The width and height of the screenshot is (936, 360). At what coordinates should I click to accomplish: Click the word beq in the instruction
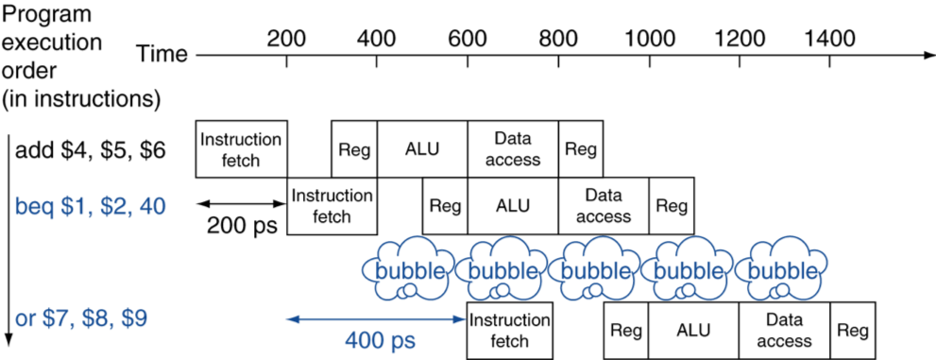tap(34, 207)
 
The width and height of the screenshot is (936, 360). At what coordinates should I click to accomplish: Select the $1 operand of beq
tap(72, 207)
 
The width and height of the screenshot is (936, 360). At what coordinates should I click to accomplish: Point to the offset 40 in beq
tap(152, 207)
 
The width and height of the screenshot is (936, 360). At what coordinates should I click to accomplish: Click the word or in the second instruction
tap(25, 319)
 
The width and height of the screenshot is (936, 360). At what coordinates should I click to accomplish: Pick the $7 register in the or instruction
tap(55, 319)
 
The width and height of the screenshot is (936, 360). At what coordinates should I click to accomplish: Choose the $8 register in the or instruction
tap(94, 319)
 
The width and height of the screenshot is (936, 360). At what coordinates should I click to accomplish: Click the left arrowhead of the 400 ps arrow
tap(289, 319)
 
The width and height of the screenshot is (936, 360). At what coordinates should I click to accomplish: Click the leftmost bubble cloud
tap(411, 267)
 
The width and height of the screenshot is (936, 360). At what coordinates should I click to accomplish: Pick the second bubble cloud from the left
tap(503, 267)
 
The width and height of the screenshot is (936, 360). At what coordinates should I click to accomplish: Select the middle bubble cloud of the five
tap(596, 267)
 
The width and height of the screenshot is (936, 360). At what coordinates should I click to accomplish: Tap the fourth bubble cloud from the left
tap(689, 267)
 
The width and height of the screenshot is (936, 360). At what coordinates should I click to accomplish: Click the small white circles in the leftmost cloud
tap(407, 291)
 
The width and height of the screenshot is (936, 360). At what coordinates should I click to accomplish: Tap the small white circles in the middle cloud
tap(592, 291)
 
